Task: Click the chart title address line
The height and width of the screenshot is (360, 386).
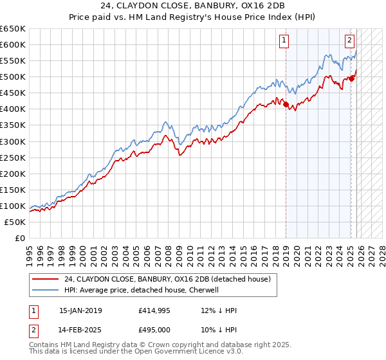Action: tap(193, 6)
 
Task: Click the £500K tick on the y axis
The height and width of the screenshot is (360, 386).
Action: tap(13, 77)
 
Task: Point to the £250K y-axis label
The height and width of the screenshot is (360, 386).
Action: tap(13, 157)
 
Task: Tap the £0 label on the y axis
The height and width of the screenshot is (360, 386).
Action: tap(20, 238)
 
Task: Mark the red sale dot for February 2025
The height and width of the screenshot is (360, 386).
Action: tap(351, 78)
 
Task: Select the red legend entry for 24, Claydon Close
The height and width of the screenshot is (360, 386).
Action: tap(167, 279)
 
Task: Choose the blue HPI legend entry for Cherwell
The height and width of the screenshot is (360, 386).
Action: tap(142, 290)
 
